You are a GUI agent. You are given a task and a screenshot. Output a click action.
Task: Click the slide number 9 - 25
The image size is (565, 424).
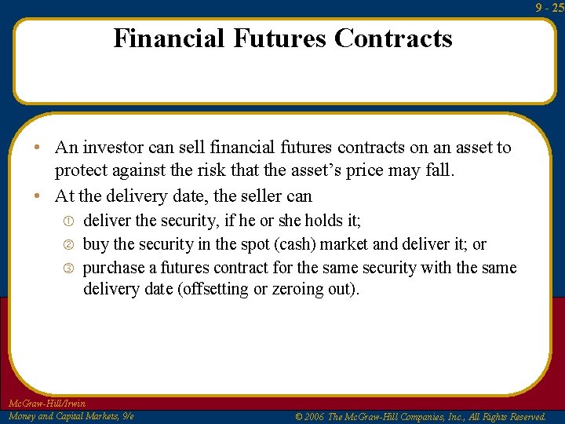[x=550, y=7]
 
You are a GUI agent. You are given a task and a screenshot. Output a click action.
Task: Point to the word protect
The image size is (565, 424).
[x=80, y=171]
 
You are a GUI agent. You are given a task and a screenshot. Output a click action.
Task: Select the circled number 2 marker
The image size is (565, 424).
[x=67, y=245]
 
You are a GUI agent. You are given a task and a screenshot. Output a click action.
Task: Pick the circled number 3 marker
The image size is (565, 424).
[x=67, y=269]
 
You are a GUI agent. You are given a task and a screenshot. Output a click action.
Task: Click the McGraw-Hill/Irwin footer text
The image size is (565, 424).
[x=46, y=404]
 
